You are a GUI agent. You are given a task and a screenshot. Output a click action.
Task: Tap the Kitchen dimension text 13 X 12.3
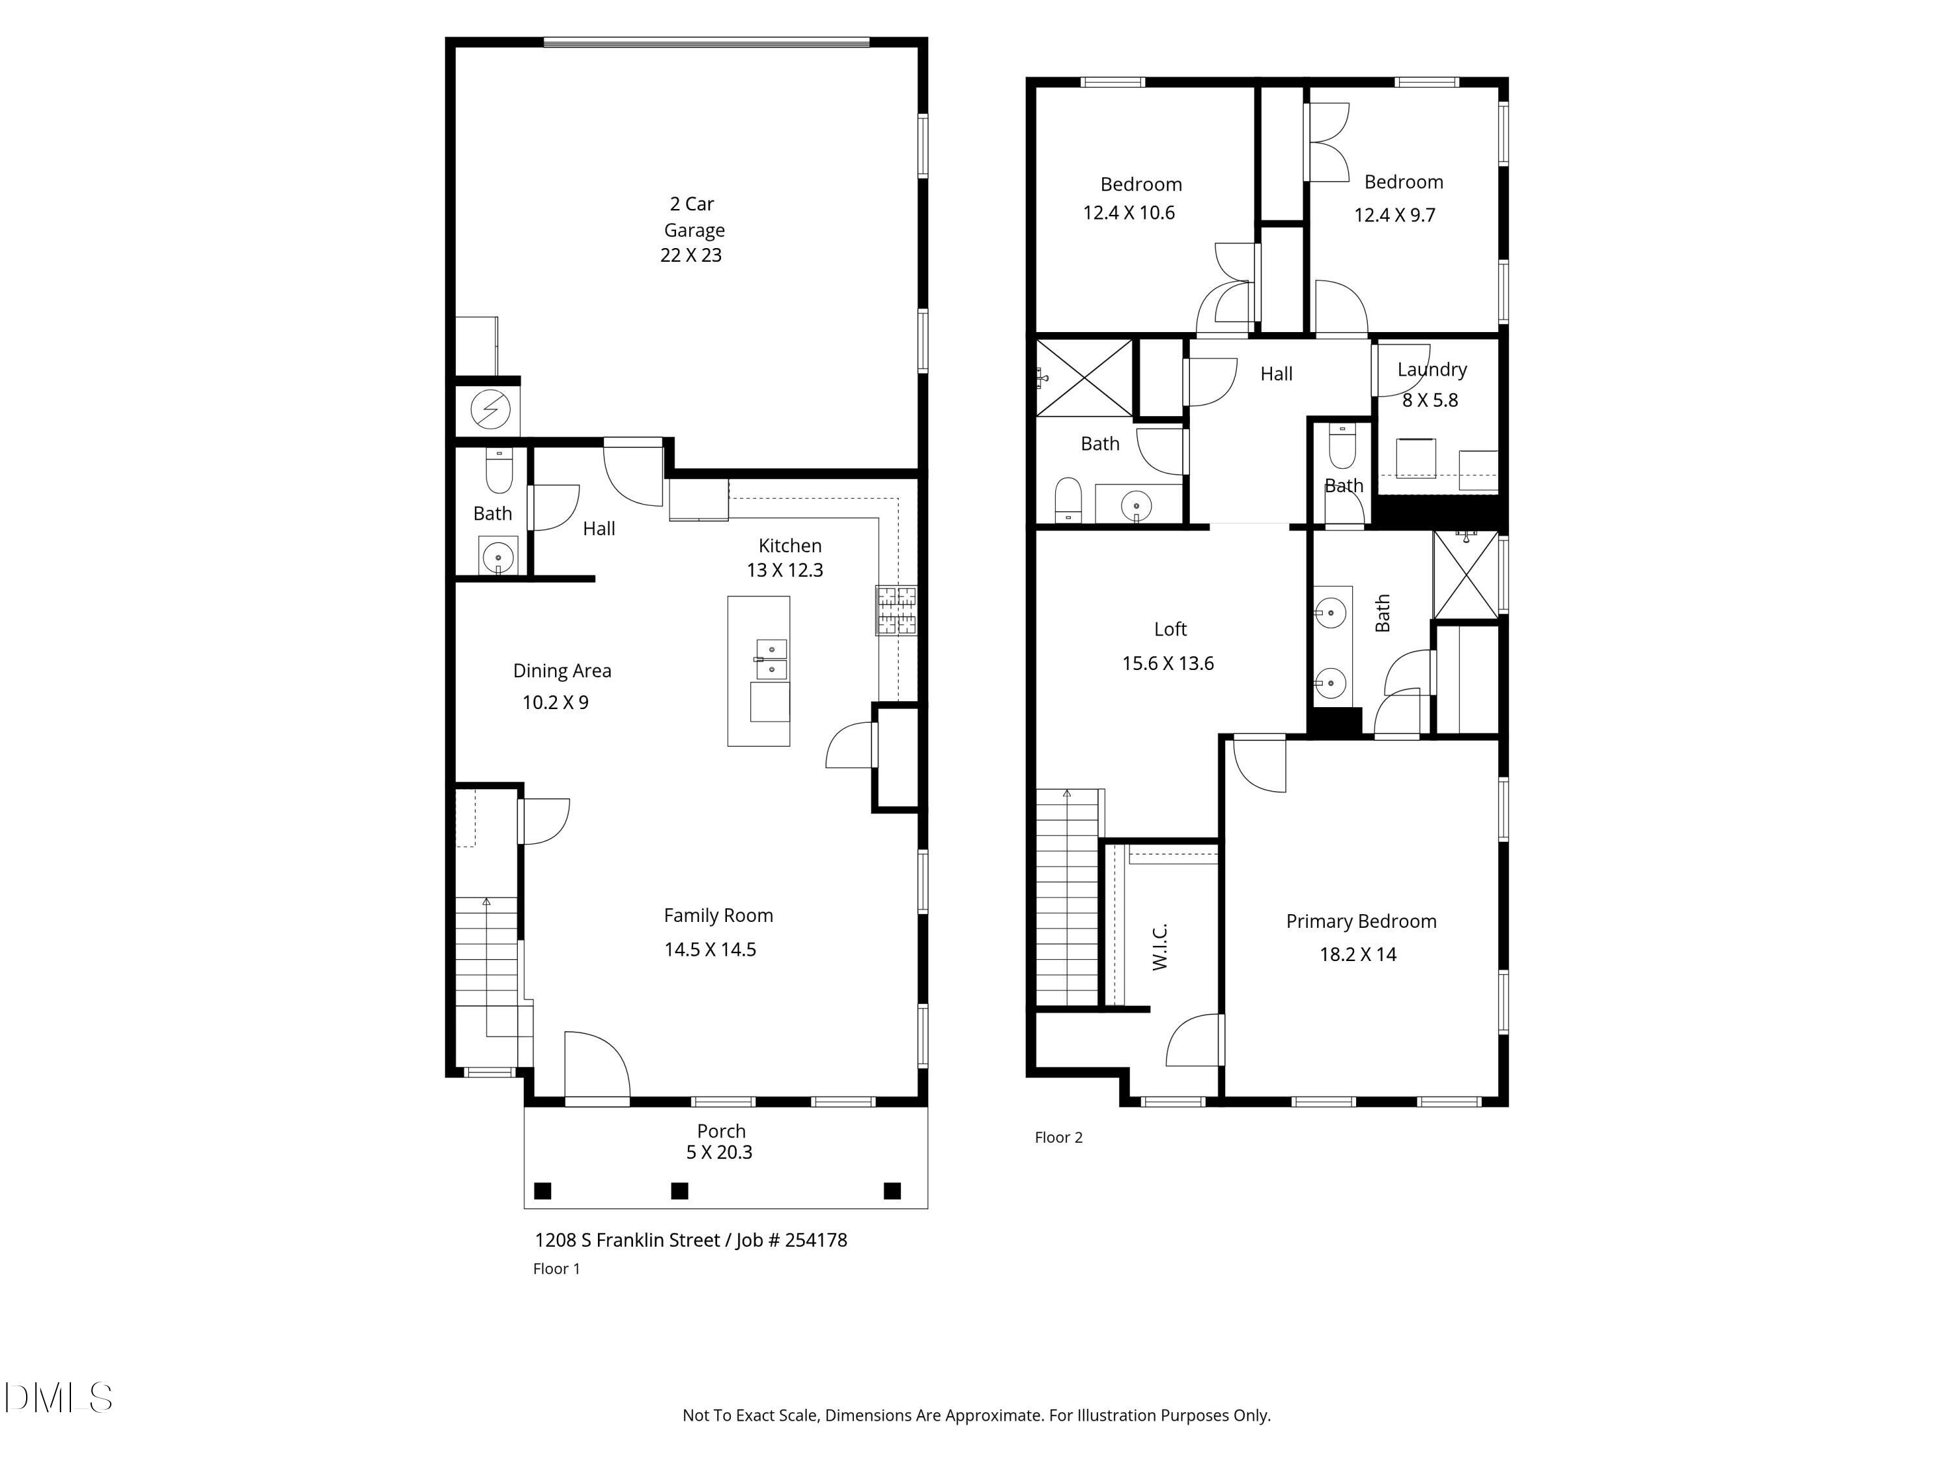(x=784, y=570)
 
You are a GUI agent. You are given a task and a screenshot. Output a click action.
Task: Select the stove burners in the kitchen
(x=896, y=610)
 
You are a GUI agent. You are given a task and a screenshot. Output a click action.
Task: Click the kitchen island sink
(x=771, y=660)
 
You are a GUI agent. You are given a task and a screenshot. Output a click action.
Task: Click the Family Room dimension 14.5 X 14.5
(x=710, y=950)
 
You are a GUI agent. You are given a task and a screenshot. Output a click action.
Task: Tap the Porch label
(x=721, y=1131)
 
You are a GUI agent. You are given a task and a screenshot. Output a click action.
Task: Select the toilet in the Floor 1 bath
(x=499, y=471)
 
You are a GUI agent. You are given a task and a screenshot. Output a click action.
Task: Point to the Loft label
(x=1170, y=630)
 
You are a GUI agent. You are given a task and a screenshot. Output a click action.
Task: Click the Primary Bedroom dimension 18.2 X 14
(x=1358, y=955)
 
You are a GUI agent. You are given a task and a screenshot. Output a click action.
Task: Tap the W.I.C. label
(x=1161, y=947)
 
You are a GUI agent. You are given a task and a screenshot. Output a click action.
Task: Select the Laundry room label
(x=1432, y=370)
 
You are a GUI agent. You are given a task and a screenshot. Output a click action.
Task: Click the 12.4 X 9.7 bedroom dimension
(x=1395, y=216)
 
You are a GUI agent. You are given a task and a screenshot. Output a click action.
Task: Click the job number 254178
(x=815, y=1240)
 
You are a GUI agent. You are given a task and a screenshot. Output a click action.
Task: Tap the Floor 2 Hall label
(x=1275, y=374)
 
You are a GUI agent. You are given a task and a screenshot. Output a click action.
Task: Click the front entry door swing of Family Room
(x=597, y=1067)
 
